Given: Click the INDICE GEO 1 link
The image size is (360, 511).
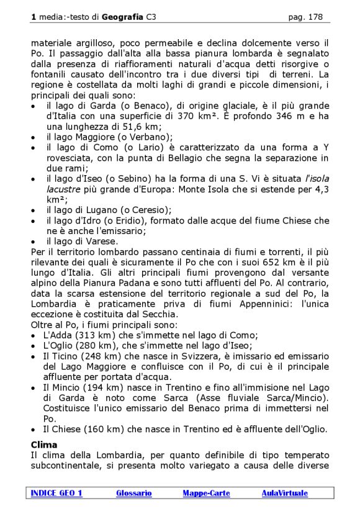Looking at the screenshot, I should pos(56,493).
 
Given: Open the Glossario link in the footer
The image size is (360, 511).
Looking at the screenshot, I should pos(133,493).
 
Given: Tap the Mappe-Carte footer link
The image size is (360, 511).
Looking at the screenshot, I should pos(206,493).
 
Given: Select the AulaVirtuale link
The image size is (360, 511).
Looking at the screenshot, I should pos(284,493).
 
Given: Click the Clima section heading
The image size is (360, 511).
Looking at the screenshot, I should pos(44,445).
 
